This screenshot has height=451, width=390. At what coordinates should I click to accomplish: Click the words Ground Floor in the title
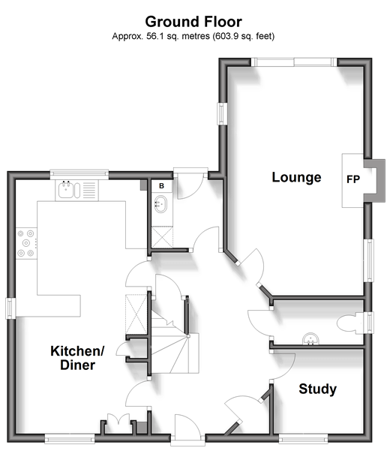(x=193, y=22)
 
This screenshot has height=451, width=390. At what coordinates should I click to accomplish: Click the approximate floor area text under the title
(x=193, y=36)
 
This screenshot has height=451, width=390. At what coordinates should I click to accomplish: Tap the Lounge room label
(x=296, y=178)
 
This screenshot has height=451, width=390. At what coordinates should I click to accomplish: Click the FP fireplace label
(x=353, y=180)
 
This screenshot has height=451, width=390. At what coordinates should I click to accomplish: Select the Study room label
(x=317, y=389)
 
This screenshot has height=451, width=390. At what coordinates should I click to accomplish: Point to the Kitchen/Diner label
(x=77, y=358)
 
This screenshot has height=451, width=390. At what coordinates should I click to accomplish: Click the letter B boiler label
(x=161, y=185)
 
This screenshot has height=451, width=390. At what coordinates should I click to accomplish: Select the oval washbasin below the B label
(x=160, y=202)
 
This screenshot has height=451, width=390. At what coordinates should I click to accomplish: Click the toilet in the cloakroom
(x=350, y=323)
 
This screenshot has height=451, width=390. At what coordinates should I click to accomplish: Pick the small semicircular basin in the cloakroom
(x=309, y=338)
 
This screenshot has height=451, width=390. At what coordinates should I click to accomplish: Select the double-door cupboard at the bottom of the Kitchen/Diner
(x=115, y=424)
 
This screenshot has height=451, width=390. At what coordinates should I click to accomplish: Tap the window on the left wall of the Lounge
(x=223, y=113)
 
